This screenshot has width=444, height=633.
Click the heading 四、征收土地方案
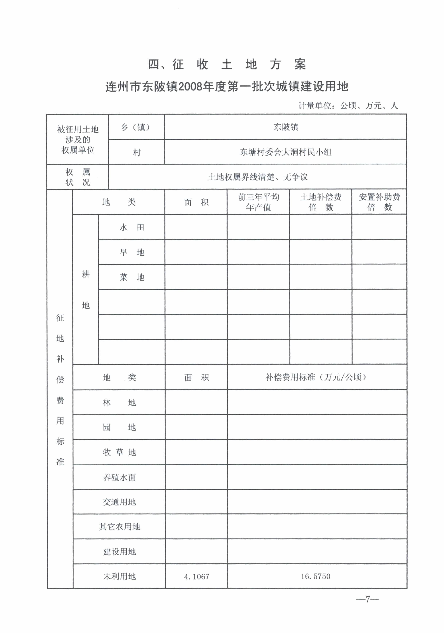coord(227,65)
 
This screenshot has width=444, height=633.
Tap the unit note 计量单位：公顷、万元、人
coord(348,106)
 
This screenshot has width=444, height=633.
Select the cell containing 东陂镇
coord(286,127)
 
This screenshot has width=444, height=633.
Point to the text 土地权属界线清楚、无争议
coord(258,177)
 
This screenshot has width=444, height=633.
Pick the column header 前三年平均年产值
coord(258,202)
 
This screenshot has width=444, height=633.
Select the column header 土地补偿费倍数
coord(321,202)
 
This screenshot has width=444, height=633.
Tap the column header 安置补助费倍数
coord(379,202)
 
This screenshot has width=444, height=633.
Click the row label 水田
coord(132,227)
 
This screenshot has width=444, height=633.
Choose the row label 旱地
coord(132,252)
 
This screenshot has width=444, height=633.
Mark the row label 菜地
coord(132,277)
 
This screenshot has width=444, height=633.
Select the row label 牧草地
coord(119,452)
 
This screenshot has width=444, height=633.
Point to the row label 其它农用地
coord(119,527)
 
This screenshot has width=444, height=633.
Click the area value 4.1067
coord(196,576)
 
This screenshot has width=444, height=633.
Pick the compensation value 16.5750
coord(316,576)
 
